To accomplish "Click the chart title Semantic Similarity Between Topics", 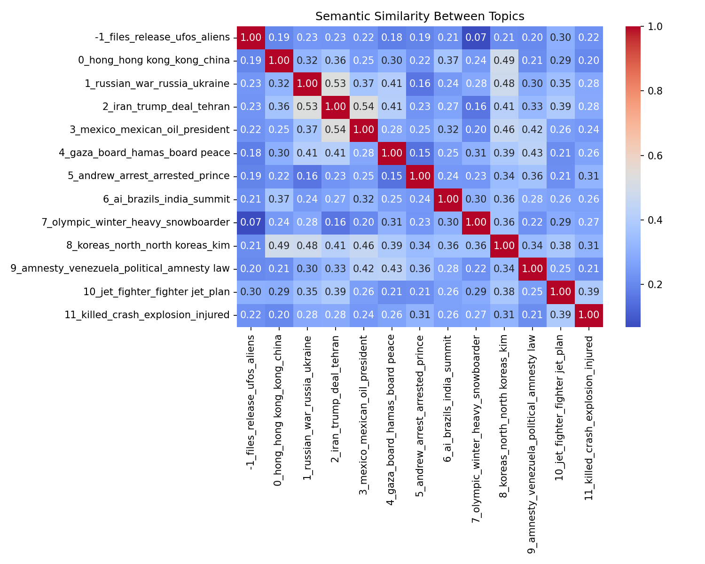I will tap(420, 16).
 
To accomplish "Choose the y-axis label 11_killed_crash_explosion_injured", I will tap(147, 315).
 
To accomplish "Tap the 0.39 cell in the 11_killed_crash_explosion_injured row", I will tap(560, 315).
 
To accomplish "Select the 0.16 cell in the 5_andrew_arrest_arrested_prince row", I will tap(307, 176).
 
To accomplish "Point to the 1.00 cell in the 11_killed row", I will tap(588, 315).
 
